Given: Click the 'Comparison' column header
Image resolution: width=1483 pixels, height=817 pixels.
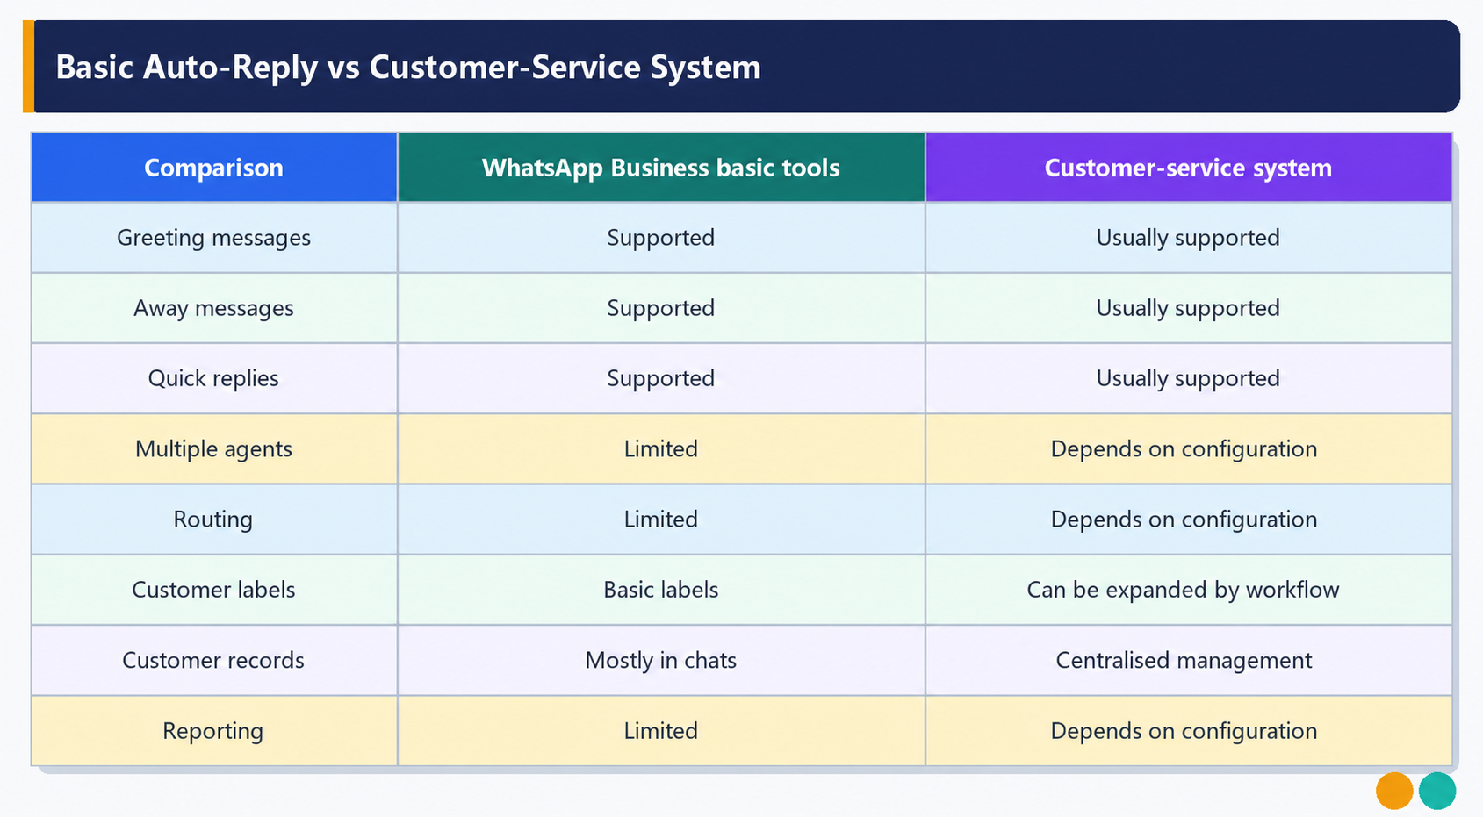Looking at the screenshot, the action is (213, 168).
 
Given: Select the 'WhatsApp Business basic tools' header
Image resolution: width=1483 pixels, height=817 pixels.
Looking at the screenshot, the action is (661, 168).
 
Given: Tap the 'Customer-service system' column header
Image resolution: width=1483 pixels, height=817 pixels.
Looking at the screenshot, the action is (1188, 168).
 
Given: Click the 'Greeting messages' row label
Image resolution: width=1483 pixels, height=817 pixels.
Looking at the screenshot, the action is (213, 238).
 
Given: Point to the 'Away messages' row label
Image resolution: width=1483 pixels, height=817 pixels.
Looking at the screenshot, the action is (213, 308).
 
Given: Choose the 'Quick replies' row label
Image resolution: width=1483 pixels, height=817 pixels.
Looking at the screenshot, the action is (213, 378).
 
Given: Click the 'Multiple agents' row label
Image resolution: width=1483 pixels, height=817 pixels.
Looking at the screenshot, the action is (213, 449).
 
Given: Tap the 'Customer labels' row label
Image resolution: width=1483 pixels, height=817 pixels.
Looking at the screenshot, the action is (213, 590).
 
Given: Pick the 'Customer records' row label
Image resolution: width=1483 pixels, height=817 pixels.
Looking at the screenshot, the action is (213, 660).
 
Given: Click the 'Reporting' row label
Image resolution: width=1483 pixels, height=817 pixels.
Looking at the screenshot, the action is (213, 731).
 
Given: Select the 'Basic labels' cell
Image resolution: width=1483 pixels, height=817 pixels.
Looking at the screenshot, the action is (661, 590).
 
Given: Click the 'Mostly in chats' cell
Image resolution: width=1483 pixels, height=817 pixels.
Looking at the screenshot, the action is (661, 660).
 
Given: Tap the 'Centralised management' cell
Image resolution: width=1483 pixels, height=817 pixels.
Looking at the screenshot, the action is (1184, 660).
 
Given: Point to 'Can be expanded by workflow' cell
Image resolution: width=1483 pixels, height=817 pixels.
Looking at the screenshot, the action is (1183, 590).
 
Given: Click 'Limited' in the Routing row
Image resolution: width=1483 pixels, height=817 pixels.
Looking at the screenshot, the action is (661, 520).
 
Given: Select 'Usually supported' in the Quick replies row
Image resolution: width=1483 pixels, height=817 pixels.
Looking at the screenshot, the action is (1188, 378).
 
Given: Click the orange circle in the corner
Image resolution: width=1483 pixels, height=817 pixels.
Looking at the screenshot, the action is (1394, 791).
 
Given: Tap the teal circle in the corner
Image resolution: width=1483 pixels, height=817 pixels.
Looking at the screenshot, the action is (1437, 791).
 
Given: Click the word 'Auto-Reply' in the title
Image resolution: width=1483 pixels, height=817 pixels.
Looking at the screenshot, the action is (230, 68).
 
